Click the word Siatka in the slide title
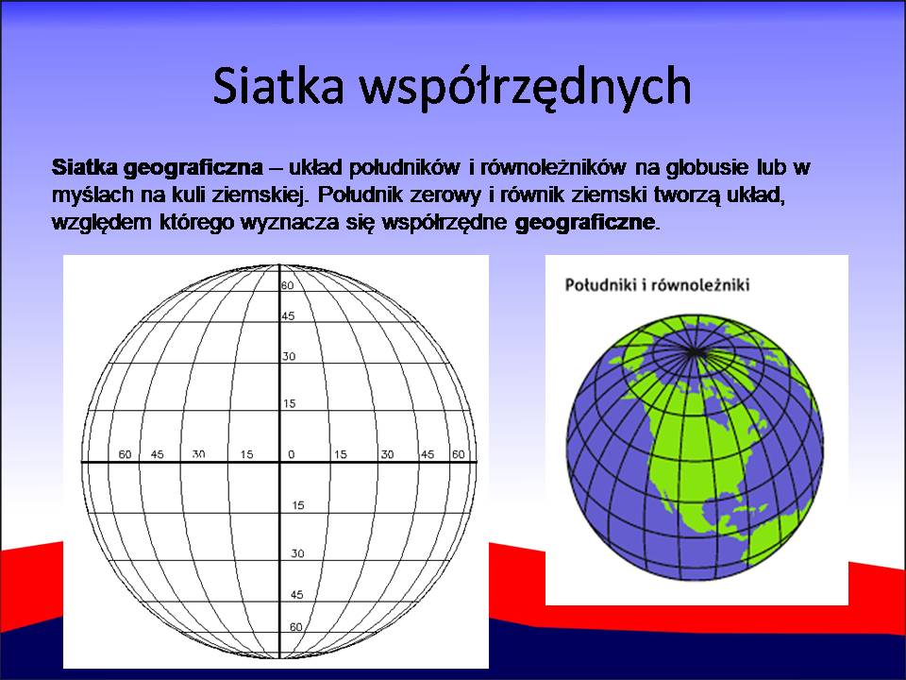click(x=279, y=86)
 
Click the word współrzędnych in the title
click(x=526, y=88)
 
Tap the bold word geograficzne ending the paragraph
click(x=585, y=223)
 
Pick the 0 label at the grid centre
click(x=292, y=454)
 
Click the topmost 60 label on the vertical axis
click(x=287, y=285)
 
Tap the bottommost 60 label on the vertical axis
click(x=295, y=627)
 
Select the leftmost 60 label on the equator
click(x=125, y=454)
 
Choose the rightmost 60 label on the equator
click(x=459, y=454)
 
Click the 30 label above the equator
click(x=289, y=356)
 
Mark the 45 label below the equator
click(x=297, y=594)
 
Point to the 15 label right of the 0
click(x=341, y=454)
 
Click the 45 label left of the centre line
click(x=158, y=454)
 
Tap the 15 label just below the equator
click(x=297, y=505)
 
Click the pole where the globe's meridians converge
click(x=694, y=351)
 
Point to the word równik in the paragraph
click(x=531, y=195)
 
